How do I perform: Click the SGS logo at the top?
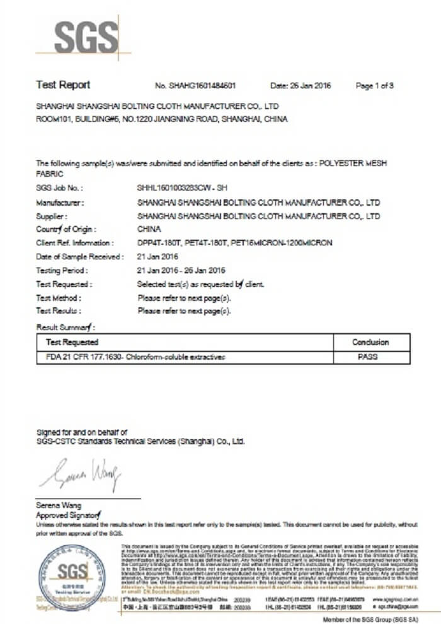click(x=85, y=37)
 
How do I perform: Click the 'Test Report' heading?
click(x=63, y=85)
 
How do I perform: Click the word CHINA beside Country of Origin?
click(x=149, y=229)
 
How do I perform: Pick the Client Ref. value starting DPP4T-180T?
click(x=234, y=243)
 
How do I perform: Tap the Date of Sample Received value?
click(x=158, y=257)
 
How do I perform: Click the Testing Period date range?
click(x=181, y=270)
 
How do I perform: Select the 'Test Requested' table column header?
click(x=72, y=342)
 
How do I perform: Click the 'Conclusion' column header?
click(x=370, y=342)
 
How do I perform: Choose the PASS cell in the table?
click(x=370, y=357)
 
